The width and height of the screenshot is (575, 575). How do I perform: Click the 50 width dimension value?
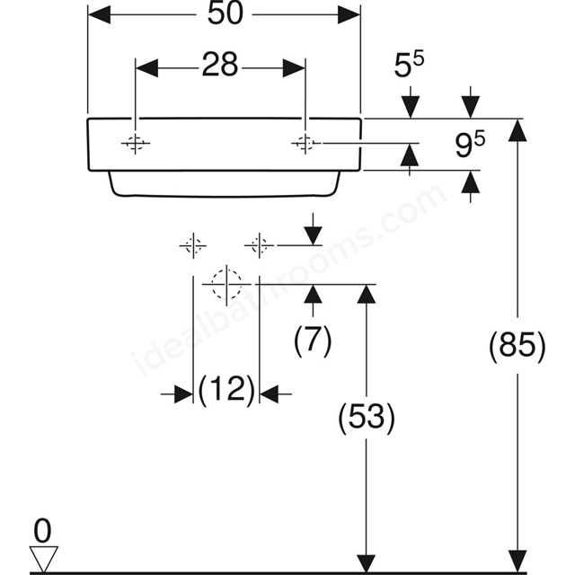[x=226, y=14]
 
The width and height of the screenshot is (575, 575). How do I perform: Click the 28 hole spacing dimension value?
[x=219, y=65]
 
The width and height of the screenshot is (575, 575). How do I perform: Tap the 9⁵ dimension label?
[x=470, y=144]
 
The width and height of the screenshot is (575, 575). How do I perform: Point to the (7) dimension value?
[x=313, y=340]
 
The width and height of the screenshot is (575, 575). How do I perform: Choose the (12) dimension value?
[x=226, y=389]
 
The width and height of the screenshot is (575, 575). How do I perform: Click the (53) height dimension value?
[x=367, y=417]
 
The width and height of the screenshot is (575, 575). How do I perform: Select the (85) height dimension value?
[x=517, y=345]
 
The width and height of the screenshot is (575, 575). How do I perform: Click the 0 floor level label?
[x=42, y=531]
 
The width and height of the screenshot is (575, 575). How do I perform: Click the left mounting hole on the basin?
[x=136, y=143]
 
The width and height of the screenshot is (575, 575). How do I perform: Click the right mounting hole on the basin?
[x=305, y=143]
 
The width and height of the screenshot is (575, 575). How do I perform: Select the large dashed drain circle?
[x=226, y=284]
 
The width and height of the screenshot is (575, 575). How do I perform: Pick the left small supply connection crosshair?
[x=193, y=245]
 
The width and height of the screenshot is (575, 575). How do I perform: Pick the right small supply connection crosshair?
[x=260, y=245]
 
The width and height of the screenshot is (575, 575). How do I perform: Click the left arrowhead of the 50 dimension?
[x=99, y=14]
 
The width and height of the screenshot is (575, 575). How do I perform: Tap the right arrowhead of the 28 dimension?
[x=294, y=68]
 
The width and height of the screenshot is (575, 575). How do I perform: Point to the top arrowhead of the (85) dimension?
[x=517, y=130]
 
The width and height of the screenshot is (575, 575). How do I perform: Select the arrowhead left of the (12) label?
[x=183, y=394]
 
